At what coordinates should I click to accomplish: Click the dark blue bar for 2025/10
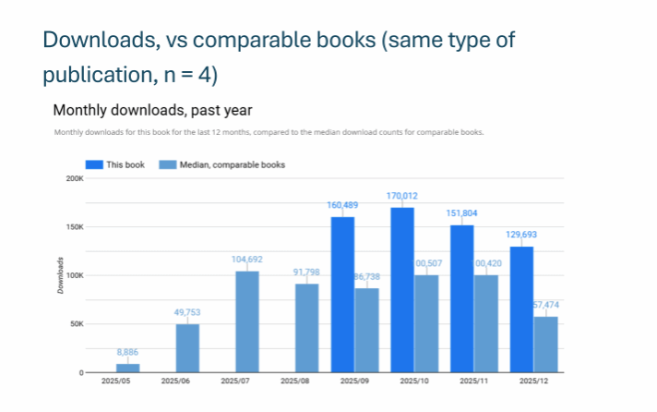coord(401,289)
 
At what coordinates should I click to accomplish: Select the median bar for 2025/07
coord(246,321)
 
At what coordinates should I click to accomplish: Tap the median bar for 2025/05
coord(127,368)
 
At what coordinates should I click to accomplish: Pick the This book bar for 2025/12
coord(520,309)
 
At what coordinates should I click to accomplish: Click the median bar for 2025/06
coord(187,347)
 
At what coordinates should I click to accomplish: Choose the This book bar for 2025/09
coord(342,294)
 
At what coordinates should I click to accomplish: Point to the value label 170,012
coord(402,196)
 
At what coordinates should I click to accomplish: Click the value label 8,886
coord(127,352)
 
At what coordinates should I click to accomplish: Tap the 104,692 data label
coord(246,260)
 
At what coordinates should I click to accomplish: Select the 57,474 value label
coord(546,305)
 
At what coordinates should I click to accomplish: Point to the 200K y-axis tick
coord(71,178)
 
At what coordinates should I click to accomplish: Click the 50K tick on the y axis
coord(73,324)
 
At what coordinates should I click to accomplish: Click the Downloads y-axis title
coord(60,275)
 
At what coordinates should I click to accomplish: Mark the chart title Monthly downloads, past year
coord(153,110)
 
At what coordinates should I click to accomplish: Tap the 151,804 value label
coord(461,213)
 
